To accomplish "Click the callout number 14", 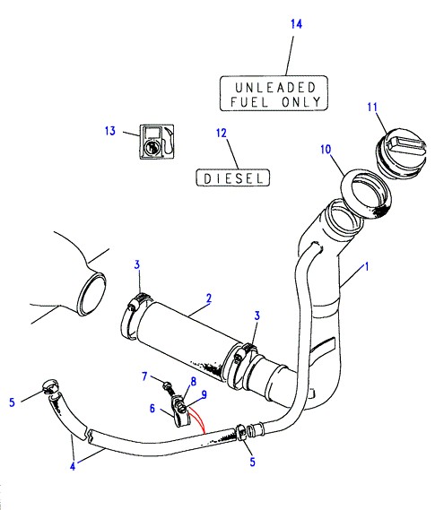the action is click(x=296, y=24).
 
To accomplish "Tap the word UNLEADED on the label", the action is click(x=275, y=88).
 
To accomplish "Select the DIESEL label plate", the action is click(x=232, y=177).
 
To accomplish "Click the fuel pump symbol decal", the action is click(x=157, y=142).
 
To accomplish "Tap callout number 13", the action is click(x=110, y=131).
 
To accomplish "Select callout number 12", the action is click(x=222, y=133).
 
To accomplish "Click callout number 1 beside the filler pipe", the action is click(x=366, y=267).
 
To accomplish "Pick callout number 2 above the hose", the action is click(x=209, y=298).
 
